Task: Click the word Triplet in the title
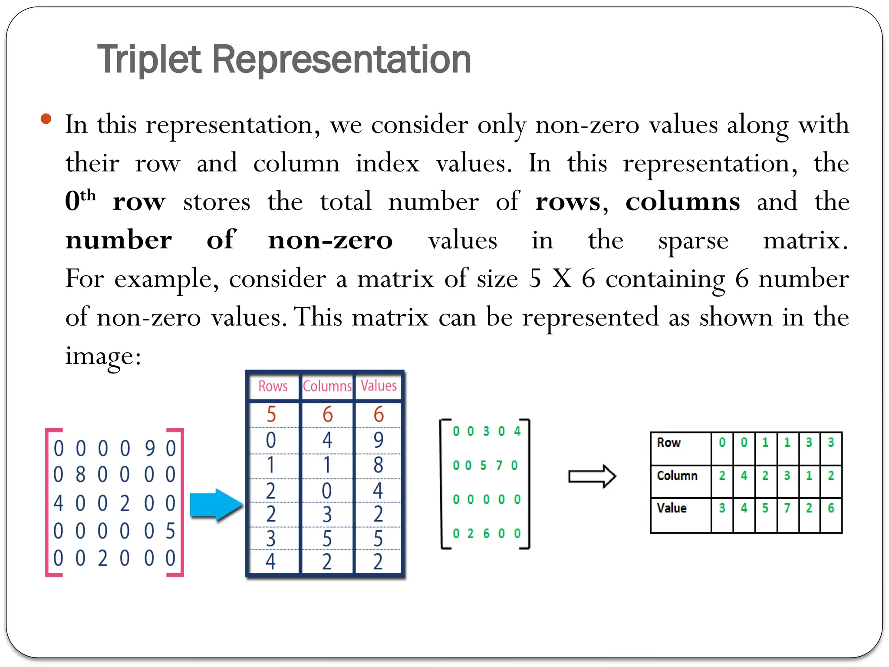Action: tap(149, 59)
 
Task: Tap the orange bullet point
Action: tap(46, 119)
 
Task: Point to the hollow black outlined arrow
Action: tap(592, 476)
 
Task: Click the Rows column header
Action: tap(273, 386)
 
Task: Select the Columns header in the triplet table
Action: tap(327, 386)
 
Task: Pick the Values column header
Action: tap(379, 386)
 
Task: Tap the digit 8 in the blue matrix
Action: tap(80, 475)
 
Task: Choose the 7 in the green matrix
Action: tap(499, 466)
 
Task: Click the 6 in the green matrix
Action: tap(486, 533)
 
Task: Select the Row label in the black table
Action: tap(668, 442)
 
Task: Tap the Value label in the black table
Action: tap(672, 508)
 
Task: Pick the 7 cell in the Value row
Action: tap(787, 508)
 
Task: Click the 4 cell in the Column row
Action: tap(744, 475)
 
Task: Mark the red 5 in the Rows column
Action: tap(271, 414)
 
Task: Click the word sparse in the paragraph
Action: tap(693, 241)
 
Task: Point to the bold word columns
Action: tap(682, 201)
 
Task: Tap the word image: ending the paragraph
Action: tap(103, 356)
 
